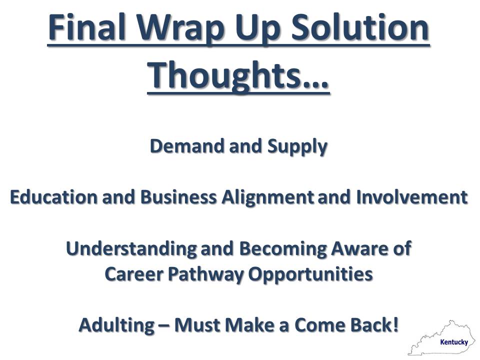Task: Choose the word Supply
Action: [x=297, y=147]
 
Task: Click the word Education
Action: [x=54, y=197]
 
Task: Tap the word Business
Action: [x=178, y=197]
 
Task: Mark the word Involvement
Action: [x=411, y=197]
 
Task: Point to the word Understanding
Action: [x=131, y=249]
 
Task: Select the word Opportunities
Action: [x=310, y=274]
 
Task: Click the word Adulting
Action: [x=116, y=325]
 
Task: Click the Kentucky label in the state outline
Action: [x=453, y=342]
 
